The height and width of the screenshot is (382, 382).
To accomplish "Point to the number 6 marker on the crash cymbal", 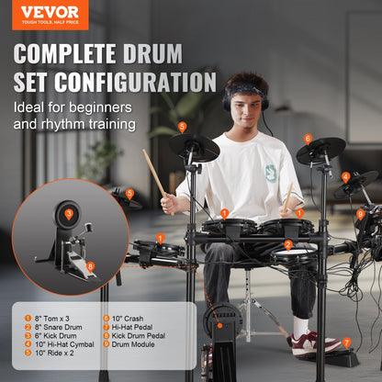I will tap(308, 139).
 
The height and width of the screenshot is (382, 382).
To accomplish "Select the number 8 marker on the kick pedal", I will tap(90, 266).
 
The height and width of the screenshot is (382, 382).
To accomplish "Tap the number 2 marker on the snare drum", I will tap(288, 244).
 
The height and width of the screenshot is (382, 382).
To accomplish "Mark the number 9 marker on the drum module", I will tap(361, 214).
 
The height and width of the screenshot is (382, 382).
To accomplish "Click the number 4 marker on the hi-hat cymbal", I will tap(345, 177).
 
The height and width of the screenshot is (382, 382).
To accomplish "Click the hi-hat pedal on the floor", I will tap(342, 355).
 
